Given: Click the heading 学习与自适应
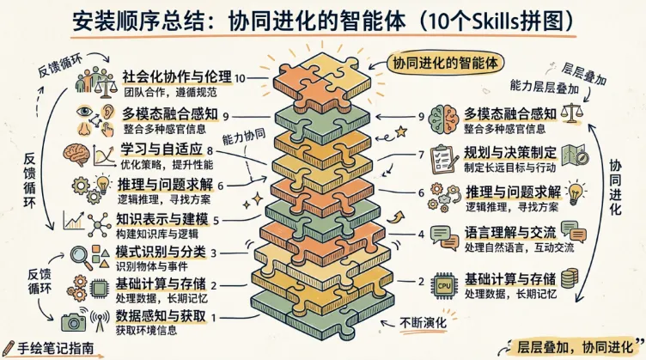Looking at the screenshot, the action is pyautogui.click(x=160, y=151).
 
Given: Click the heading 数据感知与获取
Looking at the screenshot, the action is pyautogui.click(x=160, y=317).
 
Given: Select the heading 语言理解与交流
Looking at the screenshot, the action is pyautogui.click(x=510, y=233).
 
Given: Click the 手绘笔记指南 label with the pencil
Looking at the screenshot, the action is pyautogui.click(x=53, y=350).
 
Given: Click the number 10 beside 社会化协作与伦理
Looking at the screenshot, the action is pyautogui.click(x=240, y=78).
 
